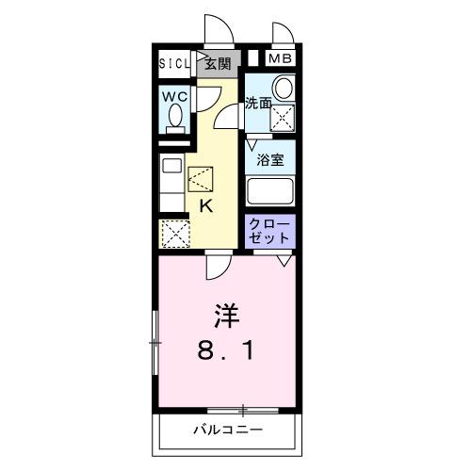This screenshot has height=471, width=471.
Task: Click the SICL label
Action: click(174, 64)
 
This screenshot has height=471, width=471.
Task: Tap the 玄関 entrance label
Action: click(218, 64)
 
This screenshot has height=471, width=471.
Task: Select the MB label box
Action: click(280, 59)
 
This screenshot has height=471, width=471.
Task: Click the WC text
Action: click(173, 96)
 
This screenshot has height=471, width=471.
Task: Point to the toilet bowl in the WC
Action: click(174, 118)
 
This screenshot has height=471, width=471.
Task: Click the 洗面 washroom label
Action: click(258, 102)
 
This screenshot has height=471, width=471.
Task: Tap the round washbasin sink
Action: click(282, 88)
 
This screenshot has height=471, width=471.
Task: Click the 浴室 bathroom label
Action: click(271, 159)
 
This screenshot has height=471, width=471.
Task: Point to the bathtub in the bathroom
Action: click(271, 191)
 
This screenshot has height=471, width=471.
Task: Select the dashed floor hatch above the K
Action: click(202, 179)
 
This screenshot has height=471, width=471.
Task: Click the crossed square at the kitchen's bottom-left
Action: click(174, 233)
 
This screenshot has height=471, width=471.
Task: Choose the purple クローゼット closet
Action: click(271, 232)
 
